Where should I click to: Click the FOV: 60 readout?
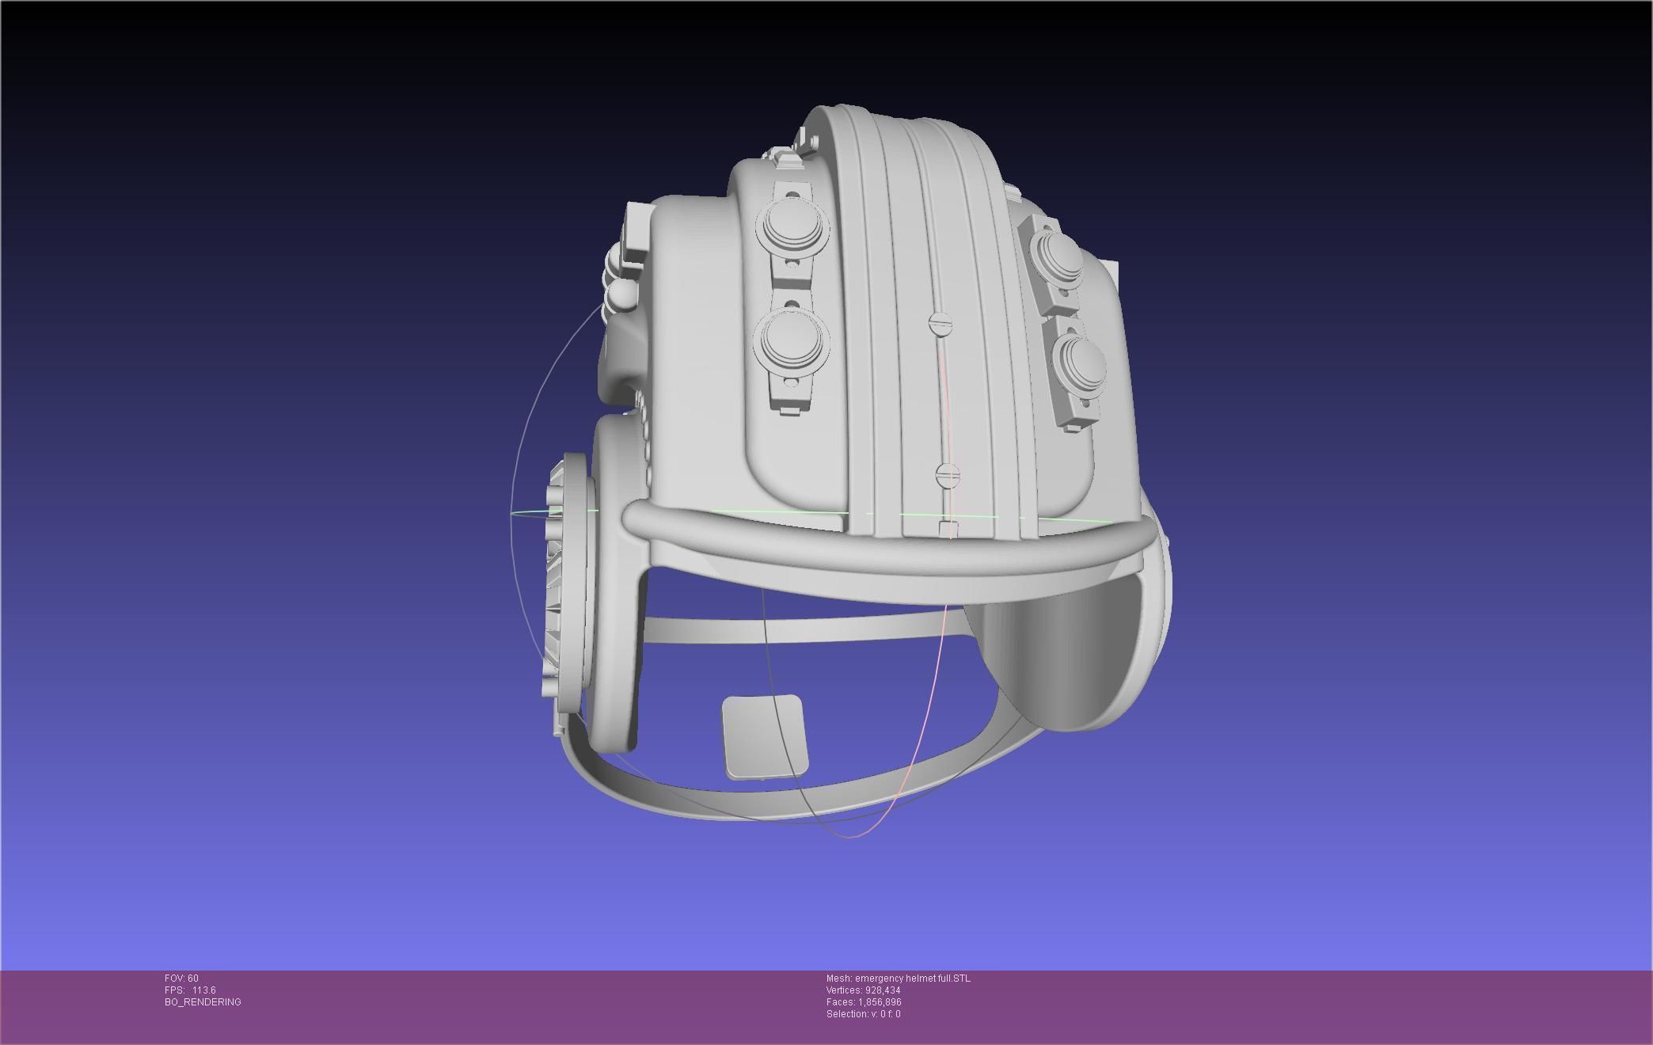pos(181,978)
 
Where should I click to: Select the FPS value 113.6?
pos(203,990)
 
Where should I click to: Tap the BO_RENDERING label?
pos(203,1002)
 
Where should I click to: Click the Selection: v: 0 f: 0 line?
pos(863,1014)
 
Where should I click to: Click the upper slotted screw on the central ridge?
pos(939,323)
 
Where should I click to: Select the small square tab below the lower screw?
pos(948,529)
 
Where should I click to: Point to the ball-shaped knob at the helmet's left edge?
pos(619,297)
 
